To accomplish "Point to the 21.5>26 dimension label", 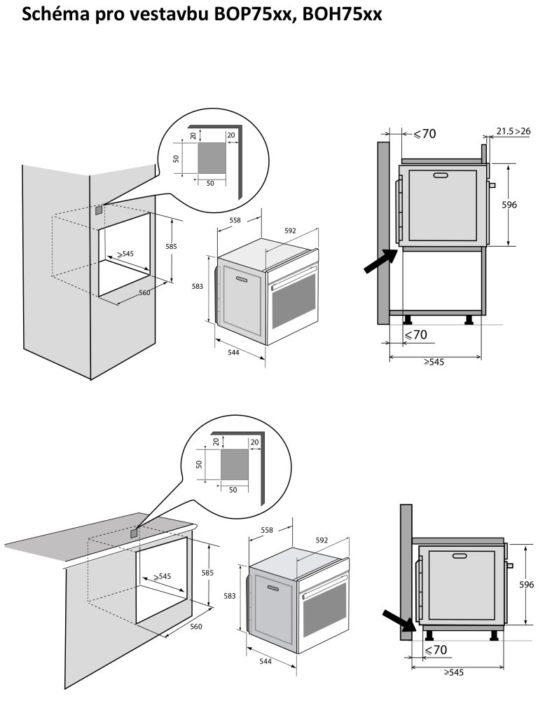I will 513,131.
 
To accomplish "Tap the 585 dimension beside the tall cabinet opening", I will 171,246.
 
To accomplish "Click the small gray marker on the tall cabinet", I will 99,209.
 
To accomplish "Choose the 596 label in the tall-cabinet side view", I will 509,205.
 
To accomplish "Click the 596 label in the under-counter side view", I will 526,584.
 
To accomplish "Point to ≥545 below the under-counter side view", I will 455,672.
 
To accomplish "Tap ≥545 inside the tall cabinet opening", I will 125,254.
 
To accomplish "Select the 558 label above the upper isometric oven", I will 235,220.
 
